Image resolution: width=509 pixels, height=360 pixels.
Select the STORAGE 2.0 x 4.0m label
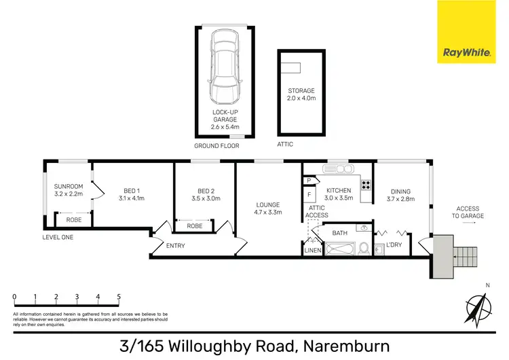(299, 94)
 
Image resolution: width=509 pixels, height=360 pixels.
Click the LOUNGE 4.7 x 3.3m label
(267, 208)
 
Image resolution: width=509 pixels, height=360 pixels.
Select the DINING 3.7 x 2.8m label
(400, 194)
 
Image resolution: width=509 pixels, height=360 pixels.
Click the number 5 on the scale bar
(119, 297)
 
